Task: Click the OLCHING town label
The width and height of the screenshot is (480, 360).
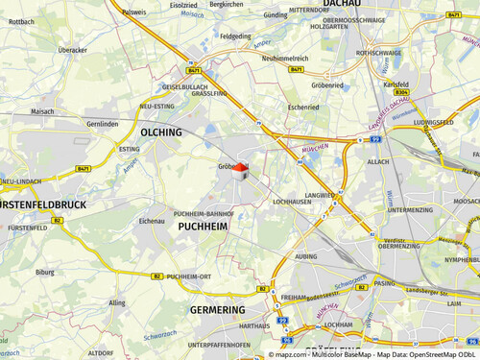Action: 160,132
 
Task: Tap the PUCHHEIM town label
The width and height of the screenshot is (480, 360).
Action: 203,227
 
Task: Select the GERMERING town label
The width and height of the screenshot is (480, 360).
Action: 217,310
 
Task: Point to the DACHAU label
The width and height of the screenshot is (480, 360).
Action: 347,4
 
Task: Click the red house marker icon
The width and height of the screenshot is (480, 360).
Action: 241,170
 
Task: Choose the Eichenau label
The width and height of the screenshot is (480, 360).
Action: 152,221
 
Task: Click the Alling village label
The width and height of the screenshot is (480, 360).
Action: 117,302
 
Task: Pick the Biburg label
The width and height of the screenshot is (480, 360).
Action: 45,272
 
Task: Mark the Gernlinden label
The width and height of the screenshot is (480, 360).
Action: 102,125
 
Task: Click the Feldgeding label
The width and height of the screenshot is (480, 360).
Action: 235,36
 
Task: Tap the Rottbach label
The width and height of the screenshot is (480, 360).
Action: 21,21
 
